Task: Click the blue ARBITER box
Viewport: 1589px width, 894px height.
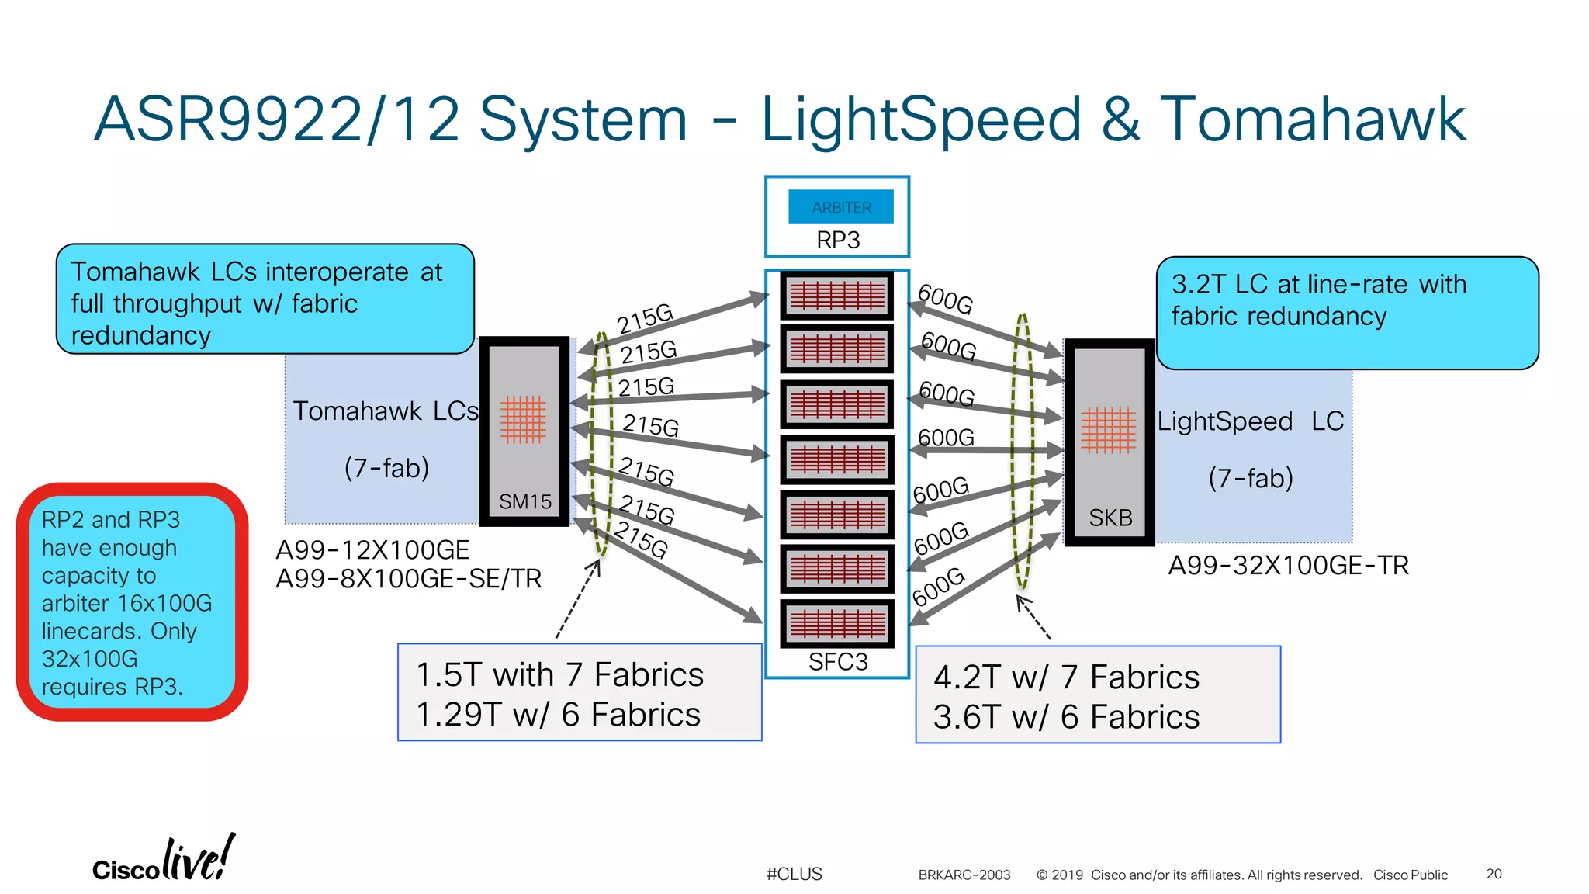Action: [x=841, y=207]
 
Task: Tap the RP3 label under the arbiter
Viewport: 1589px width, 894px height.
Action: [x=838, y=241]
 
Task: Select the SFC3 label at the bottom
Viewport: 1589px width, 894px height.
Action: [x=838, y=662]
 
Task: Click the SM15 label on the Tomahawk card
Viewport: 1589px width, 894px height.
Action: [x=525, y=502]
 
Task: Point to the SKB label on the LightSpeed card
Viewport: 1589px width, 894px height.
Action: [x=1110, y=518]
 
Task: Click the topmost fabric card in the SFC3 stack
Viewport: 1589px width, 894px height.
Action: [x=837, y=296]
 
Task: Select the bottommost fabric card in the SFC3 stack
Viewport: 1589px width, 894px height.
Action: [x=837, y=623]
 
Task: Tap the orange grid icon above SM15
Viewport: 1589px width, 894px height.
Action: [x=523, y=419]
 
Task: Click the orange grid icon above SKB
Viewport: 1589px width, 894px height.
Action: [x=1108, y=429]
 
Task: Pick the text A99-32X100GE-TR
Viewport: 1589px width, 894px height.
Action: [x=1288, y=566]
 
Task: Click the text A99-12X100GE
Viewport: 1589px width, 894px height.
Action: [x=372, y=550]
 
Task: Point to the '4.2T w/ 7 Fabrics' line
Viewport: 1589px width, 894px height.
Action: [x=1066, y=677]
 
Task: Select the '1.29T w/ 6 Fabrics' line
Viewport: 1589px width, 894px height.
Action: [x=558, y=715]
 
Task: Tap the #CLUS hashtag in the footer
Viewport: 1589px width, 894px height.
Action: [x=794, y=875]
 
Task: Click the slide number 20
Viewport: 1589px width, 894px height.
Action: [x=1494, y=874]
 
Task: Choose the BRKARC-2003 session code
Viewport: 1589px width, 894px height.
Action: [x=964, y=875]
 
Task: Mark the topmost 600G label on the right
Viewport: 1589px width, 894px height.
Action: [x=945, y=299]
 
